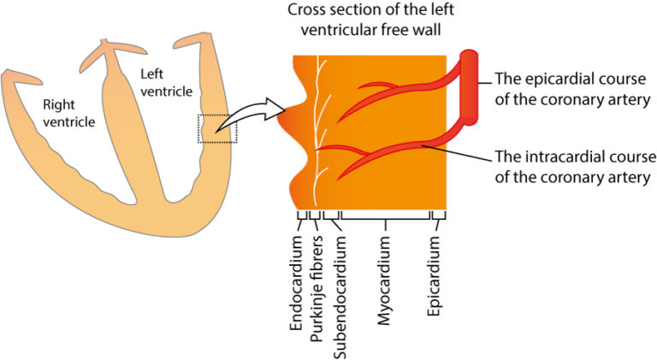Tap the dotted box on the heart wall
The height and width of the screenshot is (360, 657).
[218, 128]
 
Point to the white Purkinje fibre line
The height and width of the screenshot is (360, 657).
[317, 128]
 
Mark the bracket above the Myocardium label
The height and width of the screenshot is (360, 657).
[387, 220]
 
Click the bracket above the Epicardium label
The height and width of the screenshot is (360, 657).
[439, 220]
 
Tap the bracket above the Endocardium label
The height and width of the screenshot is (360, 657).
[299, 220]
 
